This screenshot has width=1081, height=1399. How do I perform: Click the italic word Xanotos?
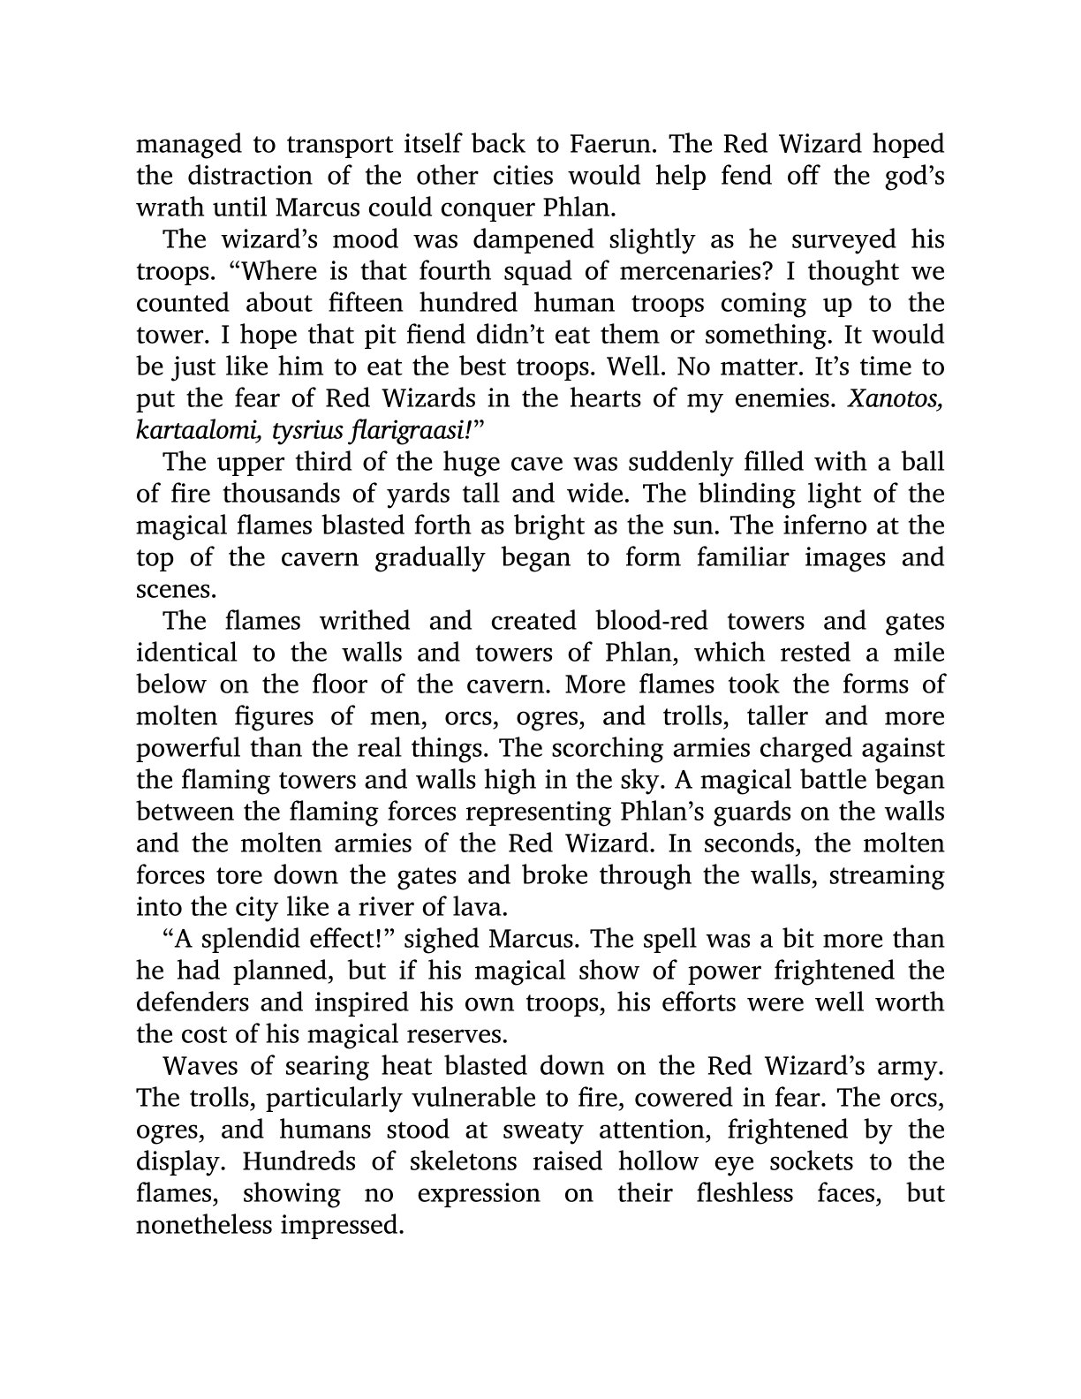click(896, 398)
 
